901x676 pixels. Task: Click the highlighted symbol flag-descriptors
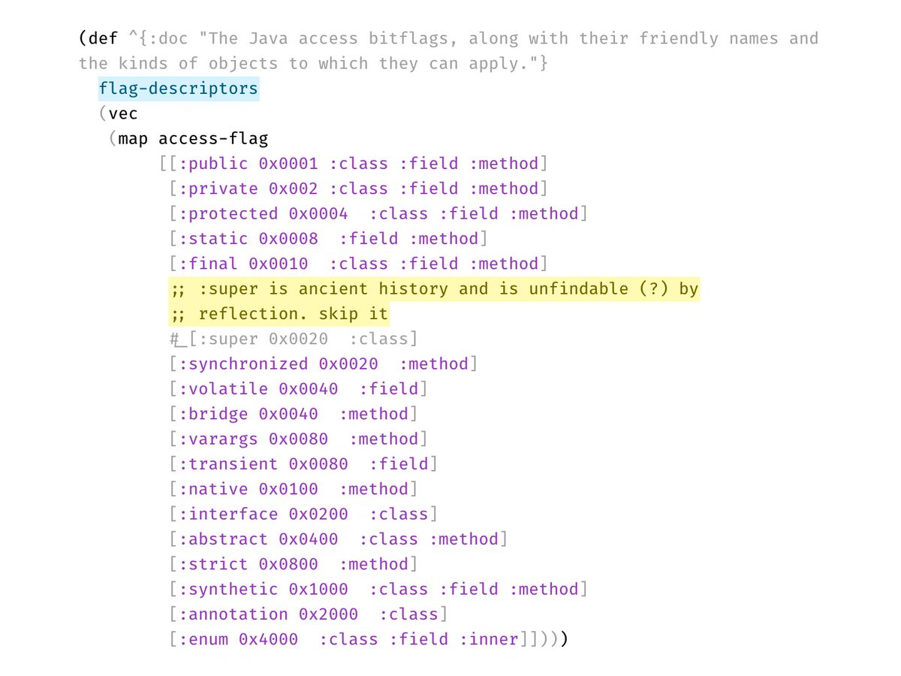tap(178, 89)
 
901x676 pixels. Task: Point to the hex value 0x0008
tap(288, 239)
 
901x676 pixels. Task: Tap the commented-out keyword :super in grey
tap(223, 339)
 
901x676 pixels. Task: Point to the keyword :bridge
tap(213, 414)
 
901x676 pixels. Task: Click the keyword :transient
tap(228, 464)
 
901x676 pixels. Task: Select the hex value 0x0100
tap(288, 489)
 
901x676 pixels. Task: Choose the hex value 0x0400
tap(308, 539)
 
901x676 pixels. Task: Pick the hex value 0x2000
tap(328, 614)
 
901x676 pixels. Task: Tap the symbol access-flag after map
tap(213, 139)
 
